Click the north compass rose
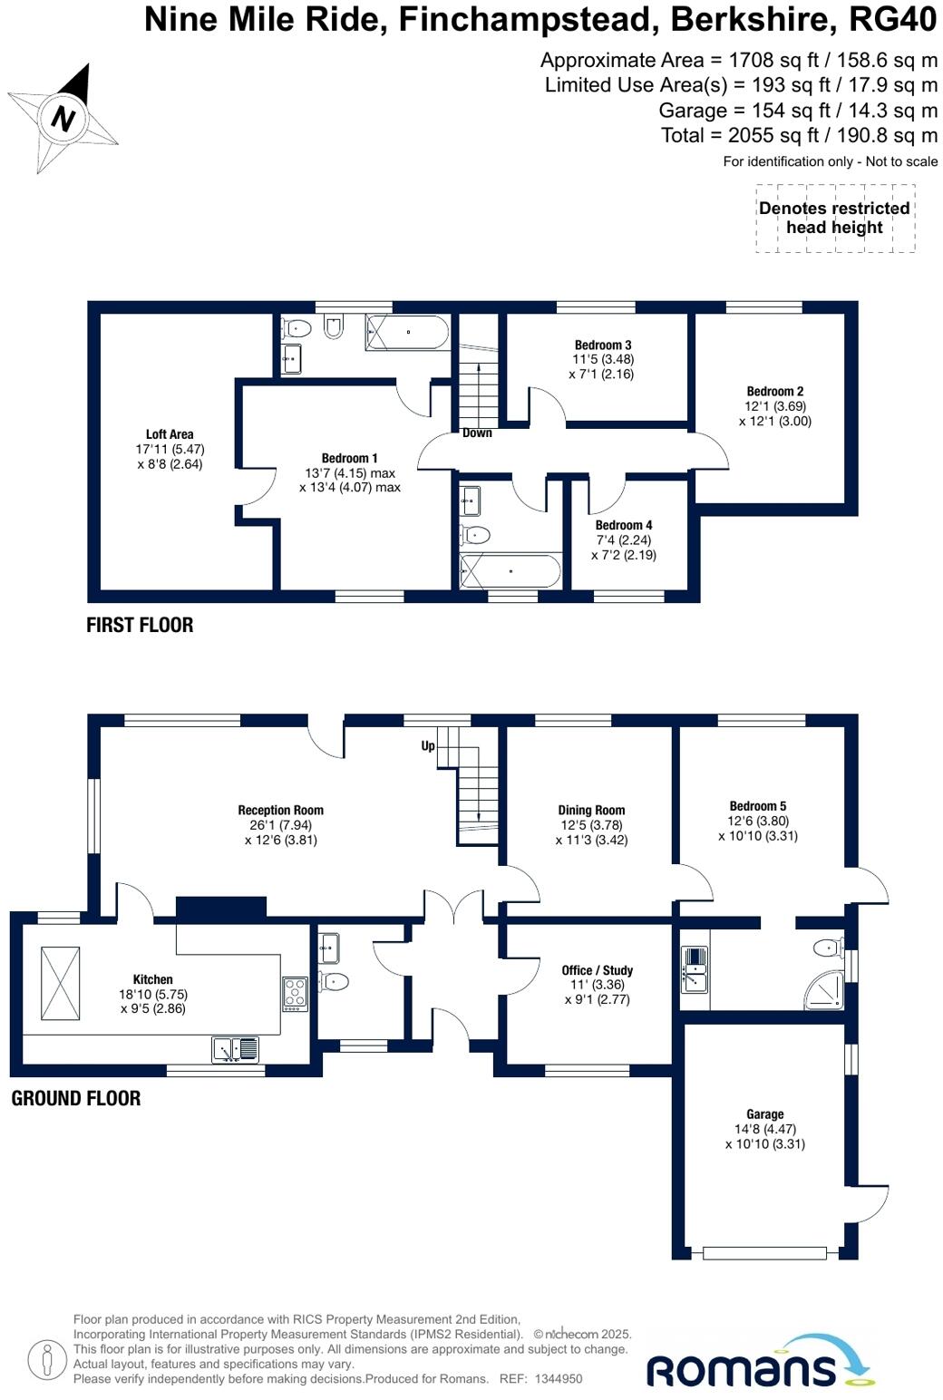click(x=63, y=118)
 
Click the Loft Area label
click(x=170, y=449)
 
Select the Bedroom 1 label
click(x=350, y=472)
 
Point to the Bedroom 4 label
click(x=624, y=540)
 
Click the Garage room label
click(x=764, y=1129)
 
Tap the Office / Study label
click(x=597, y=985)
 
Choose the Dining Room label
click(x=591, y=824)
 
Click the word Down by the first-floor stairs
click(x=477, y=433)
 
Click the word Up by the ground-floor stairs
click(x=428, y=746)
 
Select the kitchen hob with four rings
click(x=296, y=994)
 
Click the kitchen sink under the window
click(x=236, y=1049)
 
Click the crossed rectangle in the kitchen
click(x=61, y=983)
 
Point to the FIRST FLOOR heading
click(x=140, y=625)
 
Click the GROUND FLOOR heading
click(x=76, y=1098)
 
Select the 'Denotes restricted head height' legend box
click(x=834, y=219)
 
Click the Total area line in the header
click(x=799, y=135)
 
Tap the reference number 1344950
click(x=559, y=1379)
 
